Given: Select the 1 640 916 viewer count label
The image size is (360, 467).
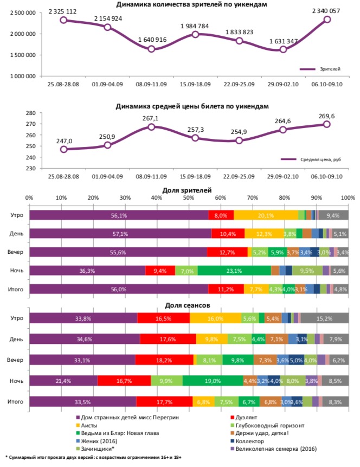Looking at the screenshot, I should (151, 40).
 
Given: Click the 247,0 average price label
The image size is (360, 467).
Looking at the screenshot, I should (64, 140).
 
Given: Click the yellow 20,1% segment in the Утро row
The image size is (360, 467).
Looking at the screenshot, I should (266, 215).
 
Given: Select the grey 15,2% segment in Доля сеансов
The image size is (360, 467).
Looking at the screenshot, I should (324, 318).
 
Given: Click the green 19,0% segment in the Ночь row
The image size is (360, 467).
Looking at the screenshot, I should (213, 381).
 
